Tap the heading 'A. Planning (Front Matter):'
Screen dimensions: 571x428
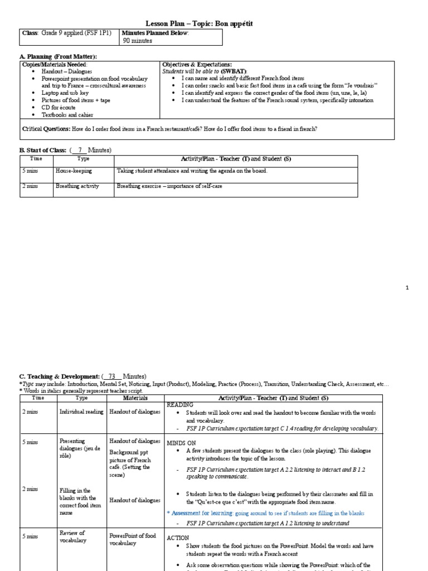[58, 57]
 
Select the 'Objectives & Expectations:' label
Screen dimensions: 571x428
[197, 65]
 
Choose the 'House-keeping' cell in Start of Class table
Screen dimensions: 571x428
[73, 171]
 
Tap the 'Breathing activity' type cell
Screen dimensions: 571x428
[76, 186]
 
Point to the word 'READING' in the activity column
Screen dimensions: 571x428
[178, 405]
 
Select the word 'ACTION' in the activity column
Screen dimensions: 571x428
[178, 538]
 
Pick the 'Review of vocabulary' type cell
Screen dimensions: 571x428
[72, 537]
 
